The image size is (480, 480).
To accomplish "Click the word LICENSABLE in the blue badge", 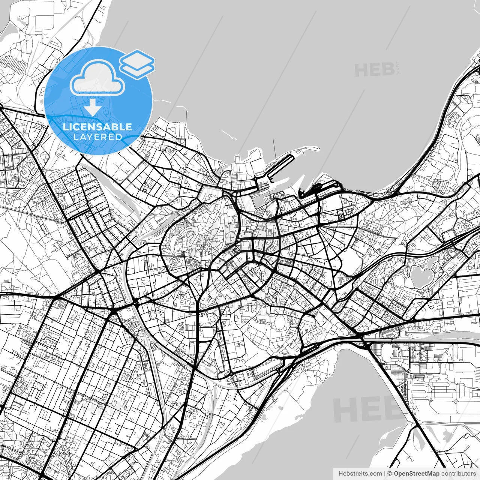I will [x=97, y=127].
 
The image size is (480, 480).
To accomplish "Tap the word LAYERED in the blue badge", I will [x=97, y=137].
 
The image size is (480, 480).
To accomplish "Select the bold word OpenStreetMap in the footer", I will [x=416, y=474].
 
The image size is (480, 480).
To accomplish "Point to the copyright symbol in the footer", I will [x=390, y=474].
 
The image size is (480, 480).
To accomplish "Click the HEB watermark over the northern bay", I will [x=375, y=70].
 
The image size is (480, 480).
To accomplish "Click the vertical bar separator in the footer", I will [x=385, y=474].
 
